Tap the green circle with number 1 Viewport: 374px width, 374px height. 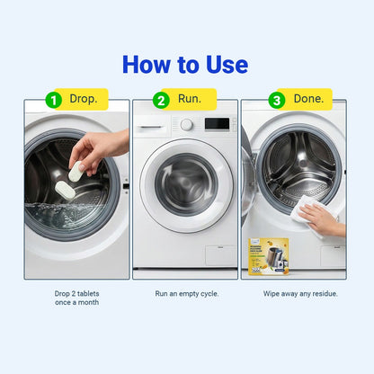(53, 100)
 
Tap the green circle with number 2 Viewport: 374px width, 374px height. (161, 100)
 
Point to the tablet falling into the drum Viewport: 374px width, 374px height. (66, 190)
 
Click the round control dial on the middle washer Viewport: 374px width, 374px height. (187, 124)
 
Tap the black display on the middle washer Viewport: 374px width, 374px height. (216, 124)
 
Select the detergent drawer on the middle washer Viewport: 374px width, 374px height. (155, 124)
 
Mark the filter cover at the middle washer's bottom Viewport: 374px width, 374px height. (218, 255)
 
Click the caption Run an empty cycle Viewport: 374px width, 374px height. (186, 293)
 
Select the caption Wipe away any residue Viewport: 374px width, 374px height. (293, 293)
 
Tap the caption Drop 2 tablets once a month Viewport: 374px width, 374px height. (77, 298)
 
